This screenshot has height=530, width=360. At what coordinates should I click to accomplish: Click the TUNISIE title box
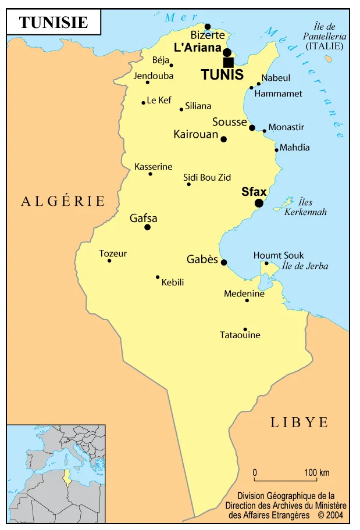(54, 22)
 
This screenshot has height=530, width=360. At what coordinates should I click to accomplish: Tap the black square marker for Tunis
(228, 62)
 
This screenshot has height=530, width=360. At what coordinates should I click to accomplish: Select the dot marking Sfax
(259, 203)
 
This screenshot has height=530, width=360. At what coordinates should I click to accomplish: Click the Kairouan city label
(195, 134)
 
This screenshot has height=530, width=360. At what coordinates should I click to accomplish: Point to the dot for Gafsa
(147, 227)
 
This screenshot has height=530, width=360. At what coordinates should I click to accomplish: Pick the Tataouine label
(240, 335)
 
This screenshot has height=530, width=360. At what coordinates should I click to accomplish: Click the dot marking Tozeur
(109, 260)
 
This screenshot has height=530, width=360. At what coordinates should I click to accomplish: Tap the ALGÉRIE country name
(63, 201)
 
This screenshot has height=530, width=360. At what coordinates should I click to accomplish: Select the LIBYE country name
(300, 422)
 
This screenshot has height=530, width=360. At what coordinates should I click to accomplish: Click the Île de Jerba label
(305, 266)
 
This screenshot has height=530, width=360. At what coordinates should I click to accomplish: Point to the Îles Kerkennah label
(305, 207)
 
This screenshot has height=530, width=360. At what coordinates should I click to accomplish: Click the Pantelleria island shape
(329, 59)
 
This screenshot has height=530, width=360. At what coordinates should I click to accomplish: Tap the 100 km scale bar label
(316, 472)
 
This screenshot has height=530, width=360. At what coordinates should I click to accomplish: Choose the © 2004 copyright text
(330, 515)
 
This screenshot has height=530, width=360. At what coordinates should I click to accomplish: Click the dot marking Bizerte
(208, 26)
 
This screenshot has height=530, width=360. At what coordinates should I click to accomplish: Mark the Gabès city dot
(224, 262)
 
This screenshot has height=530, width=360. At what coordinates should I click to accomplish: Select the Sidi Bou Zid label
(207, 177)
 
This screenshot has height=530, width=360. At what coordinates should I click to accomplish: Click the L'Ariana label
(198, 48)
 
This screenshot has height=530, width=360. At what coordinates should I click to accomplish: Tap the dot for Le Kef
(143, 103)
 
